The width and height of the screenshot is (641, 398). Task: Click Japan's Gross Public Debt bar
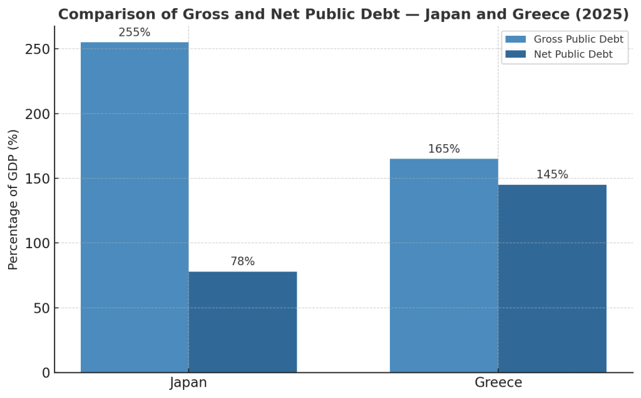pyautogui.click(x=135, y=207)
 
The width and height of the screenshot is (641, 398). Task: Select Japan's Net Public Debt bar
pyautogui.click(x=243, y=322)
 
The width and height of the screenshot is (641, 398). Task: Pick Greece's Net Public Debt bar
pyautogui.click(x=552, y=278)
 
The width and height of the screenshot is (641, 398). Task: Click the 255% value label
pyautogui.click(x=135, y=33)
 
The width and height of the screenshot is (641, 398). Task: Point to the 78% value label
pyautogui.click(x=243, y=262)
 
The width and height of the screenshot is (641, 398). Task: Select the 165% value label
pyautogui.click(x=444, y=149)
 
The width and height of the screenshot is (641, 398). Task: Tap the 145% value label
pyautogui.click(x=552, y=175)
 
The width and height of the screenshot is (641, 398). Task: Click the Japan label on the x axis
pyautogui.click(x=188, y=383)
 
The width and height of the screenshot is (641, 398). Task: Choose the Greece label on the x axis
pyautogui.click(x=498, y=383)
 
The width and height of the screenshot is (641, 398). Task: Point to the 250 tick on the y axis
pyautogui.click(x=38, y=50)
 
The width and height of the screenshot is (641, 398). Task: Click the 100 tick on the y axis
pyautogui.click(x=38, y=243)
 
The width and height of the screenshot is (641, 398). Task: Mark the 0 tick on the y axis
pyautogui.click(x=45, y=373)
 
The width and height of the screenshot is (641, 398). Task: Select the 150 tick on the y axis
pyautogui.click(x=38, y=179)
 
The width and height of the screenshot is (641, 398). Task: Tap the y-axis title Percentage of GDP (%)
pyautogui.click(x=14, y=199)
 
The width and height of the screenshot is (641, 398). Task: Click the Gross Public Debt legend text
pyautogui.click(x=578, y=39)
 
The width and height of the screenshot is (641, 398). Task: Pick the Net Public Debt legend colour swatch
pyautogui.click(x=516, y=55)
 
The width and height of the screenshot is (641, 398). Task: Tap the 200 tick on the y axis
pyautogui.click(x=38, y=114)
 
